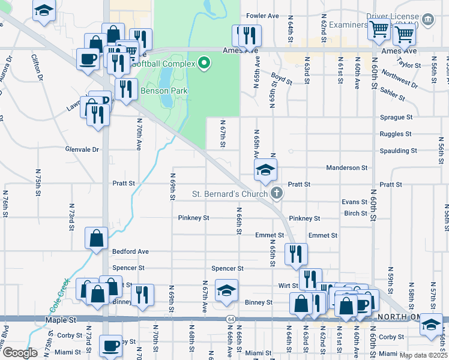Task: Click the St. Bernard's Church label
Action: coord(229,194)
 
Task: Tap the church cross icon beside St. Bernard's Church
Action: coord(276,193)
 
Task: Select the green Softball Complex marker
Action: coord(203,62)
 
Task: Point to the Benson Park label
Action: coord(164,91)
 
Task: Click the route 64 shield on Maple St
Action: coord(230,318)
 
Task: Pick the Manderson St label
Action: coord(346,168)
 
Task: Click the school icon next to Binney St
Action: coord(226,290)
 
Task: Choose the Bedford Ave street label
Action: coord(130,251)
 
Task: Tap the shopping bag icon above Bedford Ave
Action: coord(96,238)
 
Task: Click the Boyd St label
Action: coord(281,77)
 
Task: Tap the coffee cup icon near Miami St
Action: coord(110,346)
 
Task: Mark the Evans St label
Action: coord(354,202)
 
